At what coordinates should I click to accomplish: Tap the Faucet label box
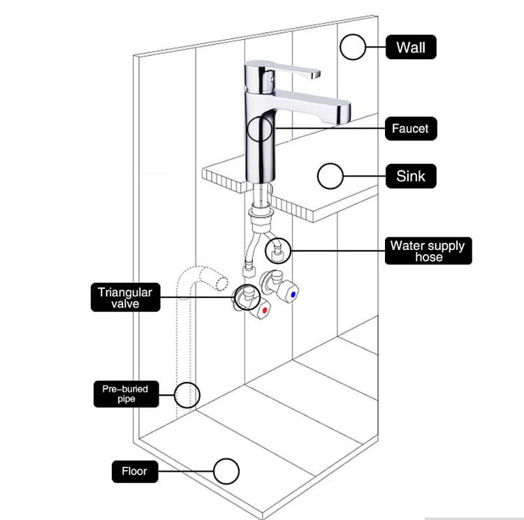(410, 128)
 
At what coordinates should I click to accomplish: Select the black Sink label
(411, 175)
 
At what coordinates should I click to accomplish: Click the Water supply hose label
(427, 251)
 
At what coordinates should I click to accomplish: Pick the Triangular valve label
(125, 297)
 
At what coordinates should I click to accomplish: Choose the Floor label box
(135, 471)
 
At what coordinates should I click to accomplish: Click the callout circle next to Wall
(354, 47)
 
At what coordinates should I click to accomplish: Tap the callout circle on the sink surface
(330, 176)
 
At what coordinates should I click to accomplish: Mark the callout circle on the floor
(226, 471)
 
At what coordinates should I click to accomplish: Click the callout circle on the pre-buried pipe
(187, 394)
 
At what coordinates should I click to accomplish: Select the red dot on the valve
(264, 308)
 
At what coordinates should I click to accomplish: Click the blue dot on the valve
(291, 296)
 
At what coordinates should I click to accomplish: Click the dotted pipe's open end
(221, 281)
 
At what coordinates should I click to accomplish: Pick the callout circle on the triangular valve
(246, 297)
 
